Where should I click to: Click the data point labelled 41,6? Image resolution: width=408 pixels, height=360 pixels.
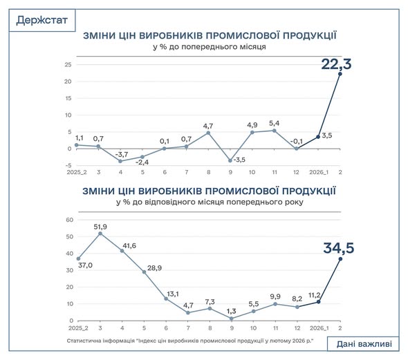[x=122, y=250]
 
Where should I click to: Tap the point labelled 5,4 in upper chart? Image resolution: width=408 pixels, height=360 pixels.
[x=275, y=131]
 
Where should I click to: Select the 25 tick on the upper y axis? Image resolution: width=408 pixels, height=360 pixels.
[x=68, y=65]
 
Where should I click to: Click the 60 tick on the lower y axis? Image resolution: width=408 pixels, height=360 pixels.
[x=68, y=220]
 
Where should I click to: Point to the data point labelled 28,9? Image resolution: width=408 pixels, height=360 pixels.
[x=145, y=272]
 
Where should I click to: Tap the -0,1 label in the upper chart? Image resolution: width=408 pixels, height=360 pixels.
[x=295, y=139]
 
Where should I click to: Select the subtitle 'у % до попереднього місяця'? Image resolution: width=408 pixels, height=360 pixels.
[x=210, y=48]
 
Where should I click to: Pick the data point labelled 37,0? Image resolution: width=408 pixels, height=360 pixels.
[x=78, y=259]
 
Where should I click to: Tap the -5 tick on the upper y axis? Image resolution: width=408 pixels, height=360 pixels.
[x=68, y=165]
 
